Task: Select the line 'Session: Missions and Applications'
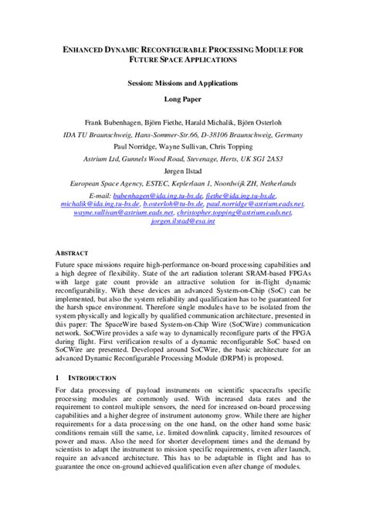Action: click(182, 82)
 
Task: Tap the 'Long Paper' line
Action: click(182, 100)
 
